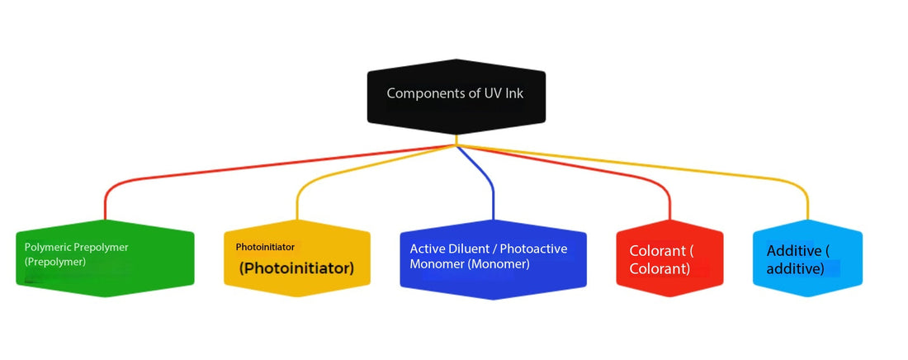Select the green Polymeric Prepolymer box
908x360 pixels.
click(105, 258)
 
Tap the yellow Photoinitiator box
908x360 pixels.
click(296, 258)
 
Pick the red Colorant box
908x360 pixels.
click(669, 258)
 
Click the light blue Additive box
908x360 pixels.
click(807, 258)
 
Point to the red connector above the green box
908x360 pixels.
click(106, 202)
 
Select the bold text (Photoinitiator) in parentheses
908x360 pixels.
click(296, 268)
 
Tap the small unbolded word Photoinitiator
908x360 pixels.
click(265, 247)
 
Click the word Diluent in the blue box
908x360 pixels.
click(468, 248)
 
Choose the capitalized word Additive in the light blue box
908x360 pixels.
click(793, 251)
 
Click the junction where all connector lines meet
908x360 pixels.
click(456, 146)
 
